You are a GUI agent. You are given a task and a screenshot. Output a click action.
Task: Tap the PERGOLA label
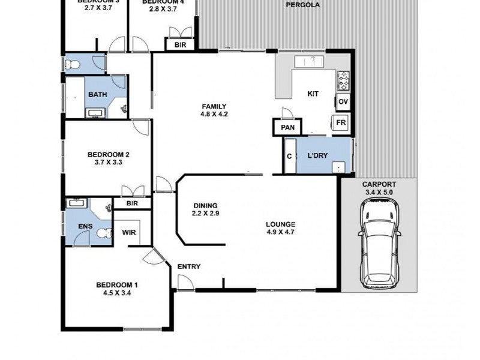point(302,5)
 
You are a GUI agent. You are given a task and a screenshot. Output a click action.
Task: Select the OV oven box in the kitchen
point(343,102)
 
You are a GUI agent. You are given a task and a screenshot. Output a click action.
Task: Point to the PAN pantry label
point(287,127)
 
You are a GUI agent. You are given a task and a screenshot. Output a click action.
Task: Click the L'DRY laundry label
point(317,156)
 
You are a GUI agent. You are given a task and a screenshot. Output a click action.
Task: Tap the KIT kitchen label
point(313,94)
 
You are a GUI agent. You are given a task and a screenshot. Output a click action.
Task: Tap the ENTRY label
point(189,266)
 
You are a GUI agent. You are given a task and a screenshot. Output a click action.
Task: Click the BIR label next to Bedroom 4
point(180,45)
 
